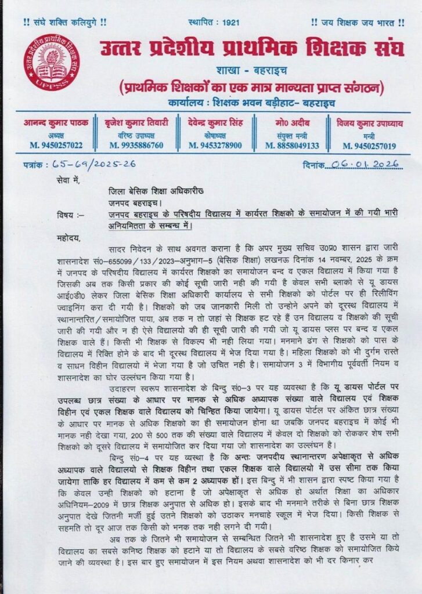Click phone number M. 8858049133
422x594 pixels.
pyautogui.click(x=293, y=146)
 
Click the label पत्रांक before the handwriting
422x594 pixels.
pyautogui.click(x=37, y=165)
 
